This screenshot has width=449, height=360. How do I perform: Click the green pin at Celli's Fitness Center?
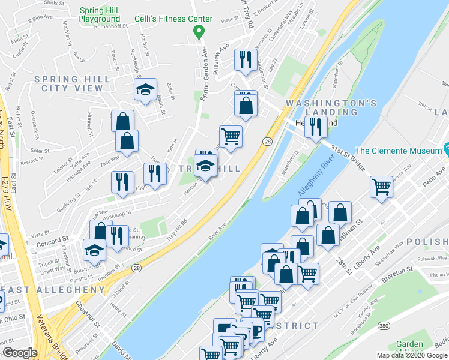click(x=202, y=31)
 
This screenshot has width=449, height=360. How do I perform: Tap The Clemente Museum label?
click(x=398, y=151)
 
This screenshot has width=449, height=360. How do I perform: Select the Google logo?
click(x=20, y=352)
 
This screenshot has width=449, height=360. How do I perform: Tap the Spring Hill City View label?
click(x=72, y=83)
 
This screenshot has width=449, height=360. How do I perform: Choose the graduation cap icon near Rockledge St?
click(x=145, y=90)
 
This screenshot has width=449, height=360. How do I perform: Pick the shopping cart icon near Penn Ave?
click(x=381, y=187)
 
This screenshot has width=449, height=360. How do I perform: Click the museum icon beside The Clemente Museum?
click(x=446, y=148)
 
